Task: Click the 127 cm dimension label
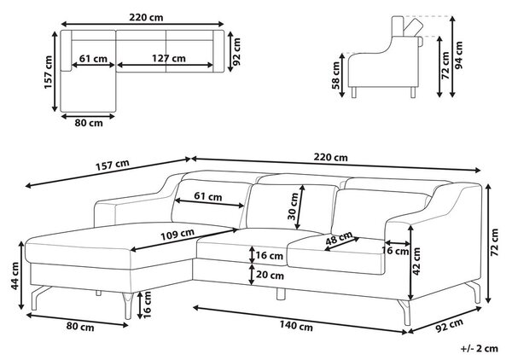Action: tap(168, 58)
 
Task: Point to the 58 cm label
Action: tap(335, 75)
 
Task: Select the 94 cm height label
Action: tap(459, 55)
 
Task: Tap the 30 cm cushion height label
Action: tap(294, 206)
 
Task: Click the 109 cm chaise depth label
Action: tap(177, 235)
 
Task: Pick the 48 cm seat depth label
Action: tap(339, 238)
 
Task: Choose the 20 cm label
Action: tap(270, 276)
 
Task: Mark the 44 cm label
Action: tap(15, 276)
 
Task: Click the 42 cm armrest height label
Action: tap(416, 261)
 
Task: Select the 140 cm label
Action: tap(296, 325)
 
